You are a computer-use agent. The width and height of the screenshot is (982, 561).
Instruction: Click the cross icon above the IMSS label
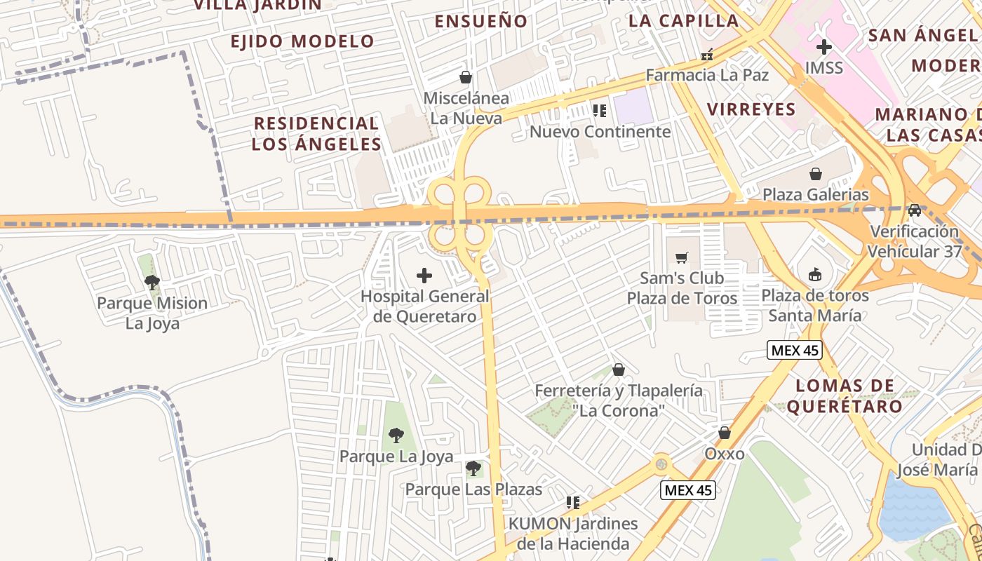point(823,48)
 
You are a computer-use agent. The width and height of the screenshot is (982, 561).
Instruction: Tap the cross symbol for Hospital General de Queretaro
point(424,276)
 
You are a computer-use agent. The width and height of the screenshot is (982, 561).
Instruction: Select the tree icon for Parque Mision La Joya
point(152,283)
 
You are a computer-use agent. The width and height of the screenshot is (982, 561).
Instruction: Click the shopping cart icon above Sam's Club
point(681,258)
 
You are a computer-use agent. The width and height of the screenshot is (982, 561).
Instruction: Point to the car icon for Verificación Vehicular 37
point(914,210)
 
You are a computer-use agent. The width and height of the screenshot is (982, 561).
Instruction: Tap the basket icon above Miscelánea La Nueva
point(465,76)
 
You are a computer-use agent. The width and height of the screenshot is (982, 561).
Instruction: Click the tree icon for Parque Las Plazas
point(473,468)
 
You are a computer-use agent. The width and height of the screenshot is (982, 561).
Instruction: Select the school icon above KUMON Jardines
point(573,502)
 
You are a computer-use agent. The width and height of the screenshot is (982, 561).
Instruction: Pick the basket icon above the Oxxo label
point(725,433)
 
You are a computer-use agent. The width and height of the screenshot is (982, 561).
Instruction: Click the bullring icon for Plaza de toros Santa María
point(814,274)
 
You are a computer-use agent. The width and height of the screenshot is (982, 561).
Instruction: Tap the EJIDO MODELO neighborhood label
point(302,41)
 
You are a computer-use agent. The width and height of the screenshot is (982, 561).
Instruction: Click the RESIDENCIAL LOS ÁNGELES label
point(316,134)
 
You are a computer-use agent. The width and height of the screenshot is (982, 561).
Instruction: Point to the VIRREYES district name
point(751,109)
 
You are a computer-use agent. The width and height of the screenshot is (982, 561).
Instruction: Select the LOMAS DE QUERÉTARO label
point(845,396)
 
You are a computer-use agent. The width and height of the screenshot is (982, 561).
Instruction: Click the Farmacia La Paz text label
point(707,75)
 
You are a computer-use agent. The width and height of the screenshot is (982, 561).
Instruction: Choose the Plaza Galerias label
point(816,194)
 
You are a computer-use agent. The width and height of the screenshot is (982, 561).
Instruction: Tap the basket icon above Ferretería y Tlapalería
point(619,370)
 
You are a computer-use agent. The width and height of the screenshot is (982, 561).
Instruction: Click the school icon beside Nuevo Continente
point(599,110)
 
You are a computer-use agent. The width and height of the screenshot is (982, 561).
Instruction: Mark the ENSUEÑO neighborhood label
point(480,21)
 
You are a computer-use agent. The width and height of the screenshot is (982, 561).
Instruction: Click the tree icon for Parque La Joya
point(396,435)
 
